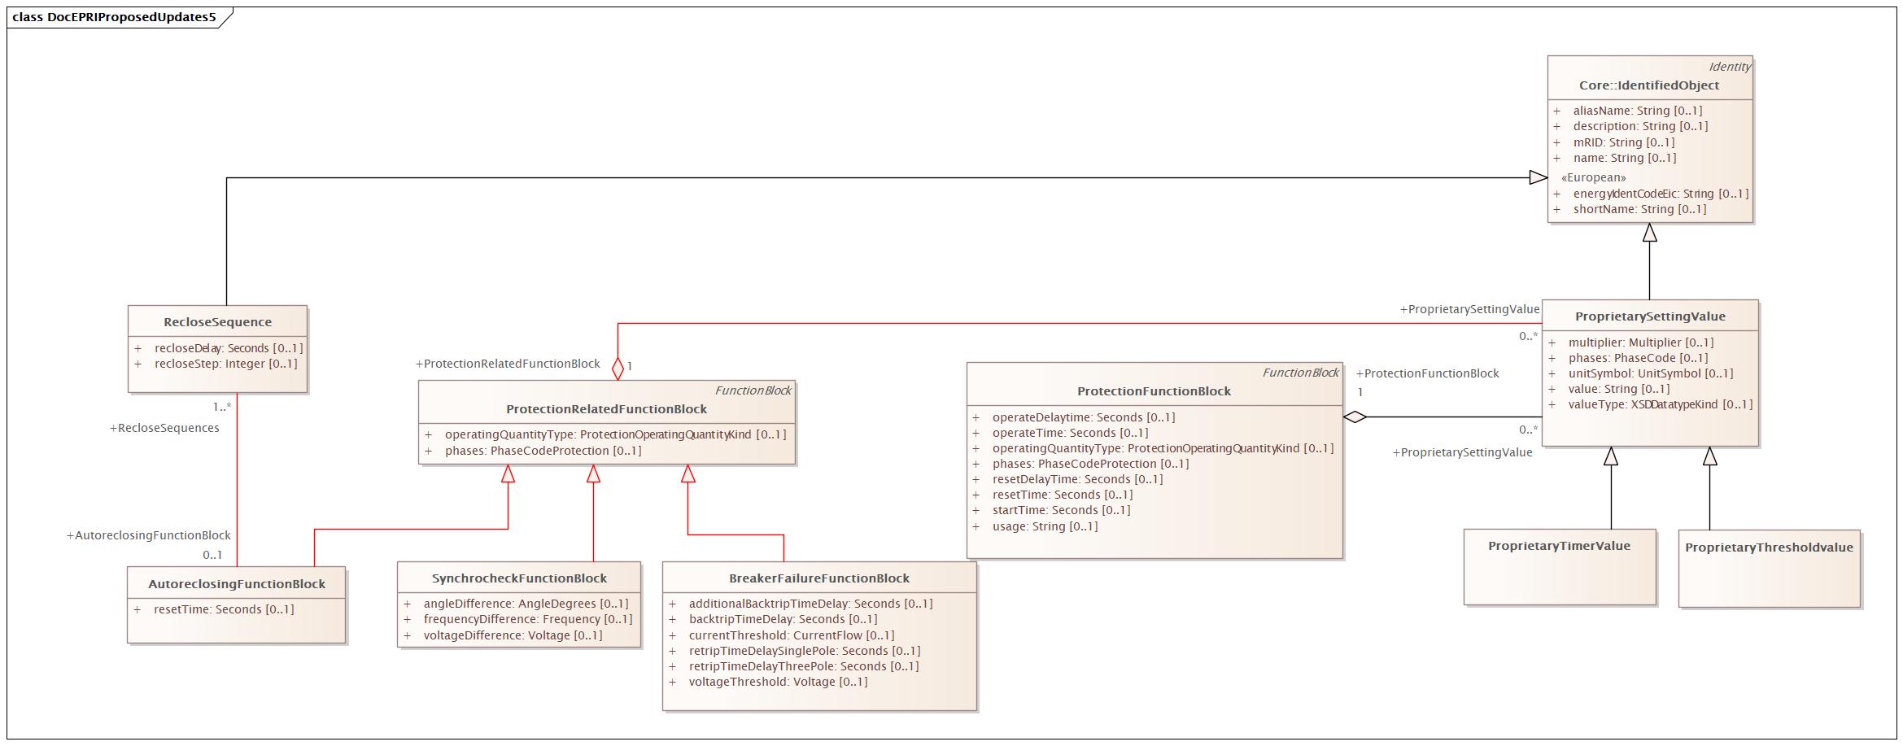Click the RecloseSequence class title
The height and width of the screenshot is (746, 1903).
tap(217, 322)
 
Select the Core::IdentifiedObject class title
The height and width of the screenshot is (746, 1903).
tap(1649, 85)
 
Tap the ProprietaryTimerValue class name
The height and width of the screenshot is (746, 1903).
tap(1559, 546)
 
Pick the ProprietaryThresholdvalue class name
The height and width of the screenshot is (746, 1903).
tap(1769, 548)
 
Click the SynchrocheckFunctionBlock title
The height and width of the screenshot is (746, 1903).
tap(519, 578)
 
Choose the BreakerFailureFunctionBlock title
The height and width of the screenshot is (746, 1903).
tap(818, 578)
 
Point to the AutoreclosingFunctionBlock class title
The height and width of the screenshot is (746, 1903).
tap(236, 584)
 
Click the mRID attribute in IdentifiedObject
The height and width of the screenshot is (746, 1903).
tap(1623, 142)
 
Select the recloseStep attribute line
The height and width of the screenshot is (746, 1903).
tap(225, 364)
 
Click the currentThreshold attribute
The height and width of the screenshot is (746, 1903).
tap(791, 635)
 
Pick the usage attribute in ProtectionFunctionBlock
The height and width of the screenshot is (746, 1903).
tap(1045, 526)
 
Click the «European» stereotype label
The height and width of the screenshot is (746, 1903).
tap(1593, 177)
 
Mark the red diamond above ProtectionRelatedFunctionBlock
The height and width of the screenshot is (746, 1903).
tap(618, 368)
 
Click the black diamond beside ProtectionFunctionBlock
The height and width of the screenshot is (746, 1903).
tap(1354, 417)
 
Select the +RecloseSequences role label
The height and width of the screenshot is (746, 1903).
tap(164, 428)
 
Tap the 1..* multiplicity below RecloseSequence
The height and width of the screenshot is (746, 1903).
tap(222, 407)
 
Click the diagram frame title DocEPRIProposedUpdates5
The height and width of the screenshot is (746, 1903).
tap(114, 17)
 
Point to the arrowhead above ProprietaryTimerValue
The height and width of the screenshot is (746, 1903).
tap(1610, 456)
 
